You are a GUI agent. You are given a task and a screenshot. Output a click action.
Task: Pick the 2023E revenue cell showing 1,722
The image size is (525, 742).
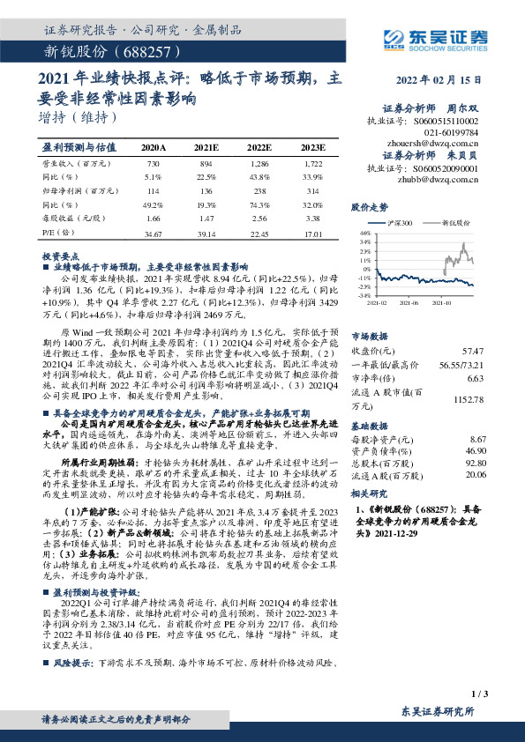(x=308, y=165)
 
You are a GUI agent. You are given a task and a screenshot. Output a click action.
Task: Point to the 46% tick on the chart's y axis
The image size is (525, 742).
(x=364, y=233)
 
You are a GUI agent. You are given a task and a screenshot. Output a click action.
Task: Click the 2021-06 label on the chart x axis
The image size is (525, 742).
(x=409, y=301)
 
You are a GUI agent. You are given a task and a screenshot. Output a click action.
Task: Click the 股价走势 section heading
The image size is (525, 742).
(x=369, y=208)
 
